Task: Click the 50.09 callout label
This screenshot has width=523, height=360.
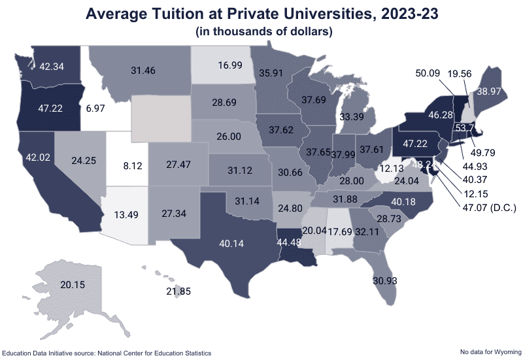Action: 430,73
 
